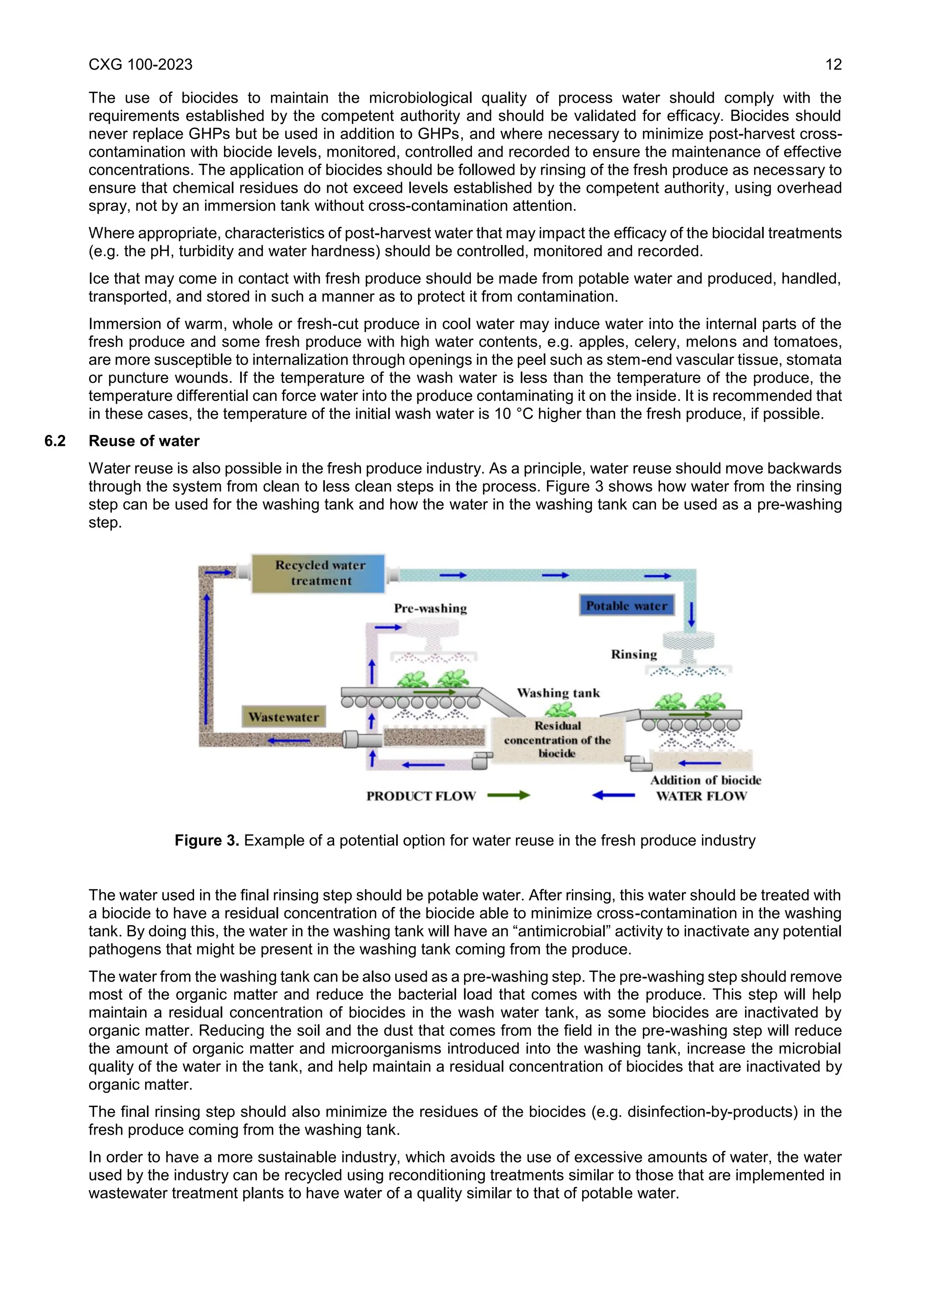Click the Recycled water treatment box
coord(319,573)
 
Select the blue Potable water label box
coord(626,606)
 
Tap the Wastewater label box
coord(284,717)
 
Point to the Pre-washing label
coord(430,609)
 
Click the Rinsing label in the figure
coord(633,654)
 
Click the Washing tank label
coord(558,693)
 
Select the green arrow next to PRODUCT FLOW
coord(509,795)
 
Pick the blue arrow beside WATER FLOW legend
coord(613,795)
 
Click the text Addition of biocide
coord(705,780)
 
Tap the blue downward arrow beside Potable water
coord(691,614)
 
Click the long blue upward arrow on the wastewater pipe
coord(207,659)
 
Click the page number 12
coord(833,65)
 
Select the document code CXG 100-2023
coord(140,65)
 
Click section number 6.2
coord(55,441)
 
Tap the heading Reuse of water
coord(144,441)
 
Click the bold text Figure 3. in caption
coord(206,840)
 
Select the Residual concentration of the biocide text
coord(557,740)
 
